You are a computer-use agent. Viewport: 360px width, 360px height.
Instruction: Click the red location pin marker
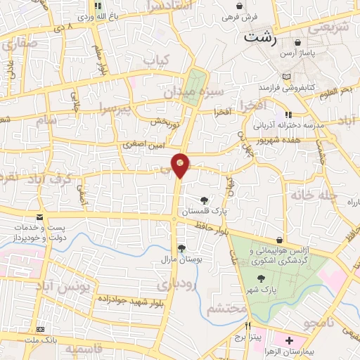(181, 166)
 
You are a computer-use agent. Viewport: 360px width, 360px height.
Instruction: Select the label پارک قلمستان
(203, 211)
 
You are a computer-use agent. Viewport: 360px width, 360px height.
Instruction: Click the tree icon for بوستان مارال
(181, 247)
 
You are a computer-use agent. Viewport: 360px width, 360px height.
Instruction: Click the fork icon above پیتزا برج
(247, 326)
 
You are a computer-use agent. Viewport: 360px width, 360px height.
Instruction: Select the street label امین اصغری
(143, 143)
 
